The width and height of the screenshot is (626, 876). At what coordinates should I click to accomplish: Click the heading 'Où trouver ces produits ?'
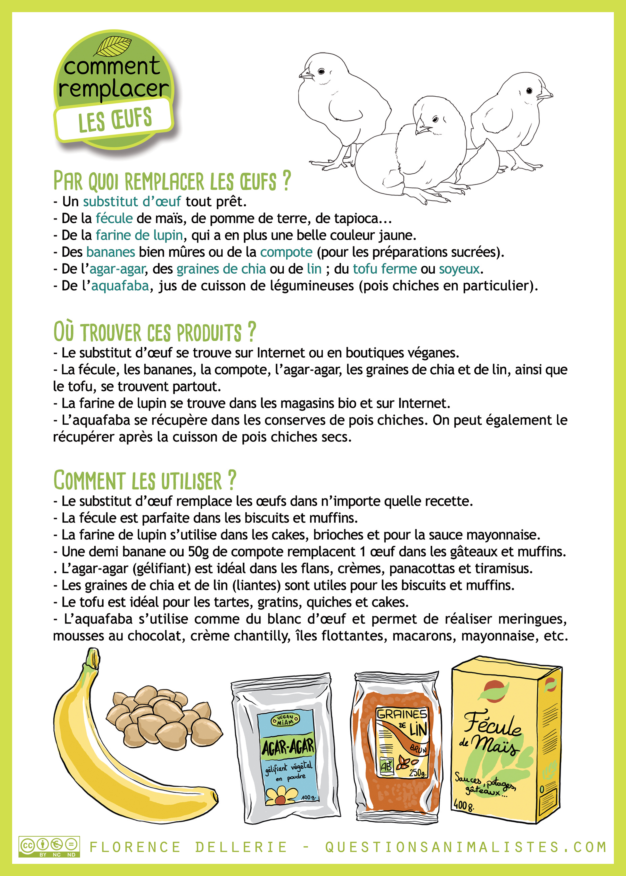coord(154,332)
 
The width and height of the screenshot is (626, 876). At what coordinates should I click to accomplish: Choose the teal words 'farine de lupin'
coord(139,235)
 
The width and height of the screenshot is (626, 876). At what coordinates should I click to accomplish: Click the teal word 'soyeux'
coord(460,269)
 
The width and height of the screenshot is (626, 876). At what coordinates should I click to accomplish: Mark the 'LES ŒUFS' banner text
coord(115,120)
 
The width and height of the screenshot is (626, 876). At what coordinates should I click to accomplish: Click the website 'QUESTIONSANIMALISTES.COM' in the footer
coord(466,847)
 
